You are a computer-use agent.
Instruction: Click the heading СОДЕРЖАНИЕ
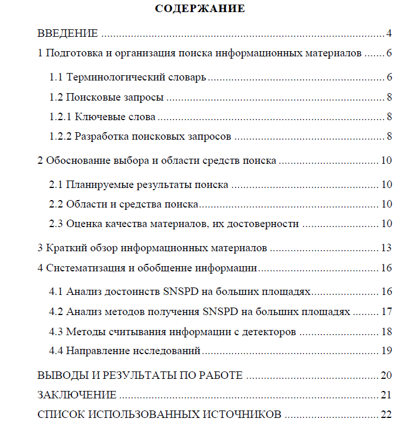[x=200, y=9]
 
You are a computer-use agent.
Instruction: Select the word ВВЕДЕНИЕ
[x=68, y=33]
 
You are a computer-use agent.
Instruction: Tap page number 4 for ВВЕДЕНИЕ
[x=389, y=33]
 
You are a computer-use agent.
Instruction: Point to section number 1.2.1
[x=60, y=117]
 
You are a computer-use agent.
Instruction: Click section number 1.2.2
[x=60, y=137]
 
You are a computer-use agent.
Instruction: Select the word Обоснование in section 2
[x=77, y=161]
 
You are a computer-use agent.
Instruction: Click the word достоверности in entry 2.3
[x=263, y=224]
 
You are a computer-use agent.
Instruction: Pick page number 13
[x=386, y=248]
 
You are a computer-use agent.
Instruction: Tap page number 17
[x=386, y=312]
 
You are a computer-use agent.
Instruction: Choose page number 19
[x=386, y=351]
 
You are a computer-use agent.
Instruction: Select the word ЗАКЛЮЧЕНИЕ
[x=77, y=395]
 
